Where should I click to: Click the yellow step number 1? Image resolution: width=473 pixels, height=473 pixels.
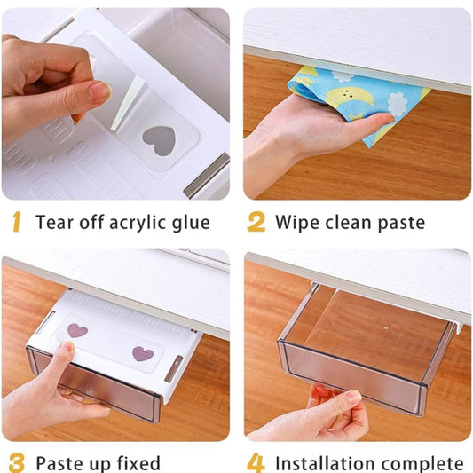click(17, 222)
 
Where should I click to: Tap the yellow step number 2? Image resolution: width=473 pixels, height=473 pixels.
click(256, 222)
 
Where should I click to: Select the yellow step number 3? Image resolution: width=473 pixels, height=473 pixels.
click(16, 462)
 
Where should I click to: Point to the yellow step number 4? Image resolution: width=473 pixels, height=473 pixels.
click(256, 462)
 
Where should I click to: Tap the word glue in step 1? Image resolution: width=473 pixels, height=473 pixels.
click(191, 224)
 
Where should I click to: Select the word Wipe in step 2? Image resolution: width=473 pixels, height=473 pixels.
click(298, 224)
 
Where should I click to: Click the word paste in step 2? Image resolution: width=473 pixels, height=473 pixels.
click(401, 224)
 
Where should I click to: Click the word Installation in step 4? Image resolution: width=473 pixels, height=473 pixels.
click(331, 463)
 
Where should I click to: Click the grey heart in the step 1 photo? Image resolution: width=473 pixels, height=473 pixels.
click(159, 140)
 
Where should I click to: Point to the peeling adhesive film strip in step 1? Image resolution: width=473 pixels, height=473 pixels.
click(127, 103)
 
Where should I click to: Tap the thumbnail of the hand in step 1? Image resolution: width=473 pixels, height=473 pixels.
click(99, 92)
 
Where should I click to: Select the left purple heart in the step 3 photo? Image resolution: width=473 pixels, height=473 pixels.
click(77, 330)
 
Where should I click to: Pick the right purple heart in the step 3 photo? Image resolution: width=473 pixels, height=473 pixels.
click(143, 353)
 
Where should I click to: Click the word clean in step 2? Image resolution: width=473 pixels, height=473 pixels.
click(349, 223)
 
